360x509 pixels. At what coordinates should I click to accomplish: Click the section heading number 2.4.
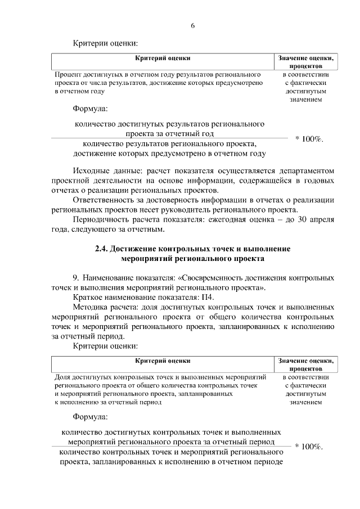102,249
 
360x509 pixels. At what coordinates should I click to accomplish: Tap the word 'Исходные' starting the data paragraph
93,170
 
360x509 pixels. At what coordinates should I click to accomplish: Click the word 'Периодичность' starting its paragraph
101,219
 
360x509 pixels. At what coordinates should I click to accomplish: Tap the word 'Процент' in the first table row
66,74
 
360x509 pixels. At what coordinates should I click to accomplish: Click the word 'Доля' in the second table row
62,377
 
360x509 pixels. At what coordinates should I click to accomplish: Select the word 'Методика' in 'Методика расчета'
90,307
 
